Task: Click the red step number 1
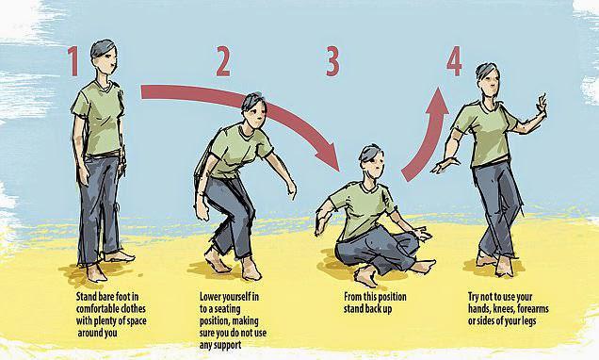[x=73, y=61]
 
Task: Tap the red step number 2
[x=223, y=61]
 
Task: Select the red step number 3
[x=332, y=61]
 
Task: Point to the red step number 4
[x=455, y=61]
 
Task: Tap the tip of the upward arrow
[x=439, y=88]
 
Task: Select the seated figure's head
[x=371, y=160]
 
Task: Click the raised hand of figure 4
[x=542, y=105]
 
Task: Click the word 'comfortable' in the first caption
[x=97, y=309]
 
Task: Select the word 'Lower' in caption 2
[x=210, y=297]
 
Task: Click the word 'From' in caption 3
[x=352, y=297]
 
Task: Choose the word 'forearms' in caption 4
[x=533, y=309]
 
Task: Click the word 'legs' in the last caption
[x=528, y=321]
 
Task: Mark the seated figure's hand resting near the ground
[x=422, y=232]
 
